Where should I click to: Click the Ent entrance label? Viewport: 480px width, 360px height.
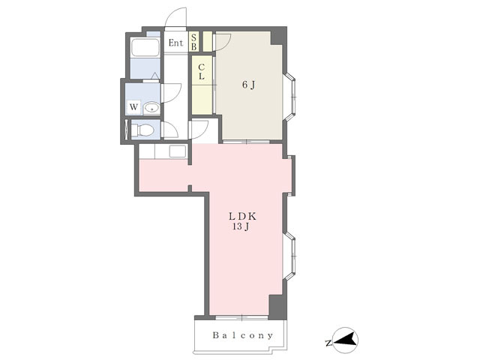pyautogui.click(x=175, y=43)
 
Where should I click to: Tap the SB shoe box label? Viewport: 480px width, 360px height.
pyautogui.click(x=193, y=42)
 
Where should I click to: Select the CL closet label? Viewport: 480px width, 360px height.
pyautogui.click(x=202, y=71)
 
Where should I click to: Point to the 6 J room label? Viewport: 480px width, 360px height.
pyautogui.click(x=248, y=85)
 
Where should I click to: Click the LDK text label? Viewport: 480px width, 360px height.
pyautogui.click(x=242, y=217)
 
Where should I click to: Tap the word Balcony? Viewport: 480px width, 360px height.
pyautogui.click(x=242, y=335)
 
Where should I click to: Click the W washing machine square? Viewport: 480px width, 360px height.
pyautogui.click(x=133, y=107)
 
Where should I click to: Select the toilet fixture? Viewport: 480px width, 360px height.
pyautogui.click(x=142, y=130)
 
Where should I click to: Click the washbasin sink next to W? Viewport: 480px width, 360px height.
pyautogui.click(x=151, y=108)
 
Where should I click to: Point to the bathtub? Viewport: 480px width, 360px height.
pyautogui.click(x=145, y=48)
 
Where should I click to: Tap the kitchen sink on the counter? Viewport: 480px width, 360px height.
pyautogui.click(x=178, y=151)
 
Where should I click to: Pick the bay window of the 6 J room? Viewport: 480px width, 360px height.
pyautogui.click(x=289, y=97)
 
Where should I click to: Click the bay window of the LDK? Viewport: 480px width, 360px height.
pyautogui.click(x=289, y=256)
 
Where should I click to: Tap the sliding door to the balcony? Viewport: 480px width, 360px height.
pyautogui.click(x=241, y=318)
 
